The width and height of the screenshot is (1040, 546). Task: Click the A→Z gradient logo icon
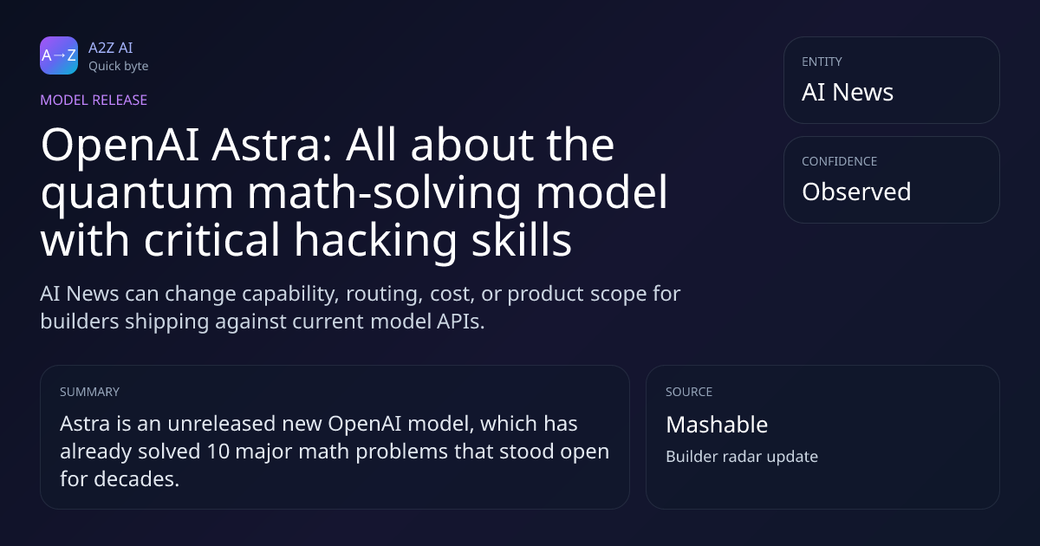[59, 55]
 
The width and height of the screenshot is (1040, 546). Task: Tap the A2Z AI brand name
[111, 48]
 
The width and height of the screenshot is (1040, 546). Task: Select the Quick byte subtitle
[119, 67]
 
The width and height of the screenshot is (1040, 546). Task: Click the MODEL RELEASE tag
[94, 100]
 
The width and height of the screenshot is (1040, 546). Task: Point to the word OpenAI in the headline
[120, 146]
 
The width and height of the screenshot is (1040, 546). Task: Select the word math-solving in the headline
[384, 192]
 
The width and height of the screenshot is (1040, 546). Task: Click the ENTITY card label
[822, 62]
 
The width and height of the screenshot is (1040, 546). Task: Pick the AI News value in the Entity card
[848, 92]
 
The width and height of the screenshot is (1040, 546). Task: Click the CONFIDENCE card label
[840, 161]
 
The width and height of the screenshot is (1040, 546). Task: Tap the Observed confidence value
[856, 192]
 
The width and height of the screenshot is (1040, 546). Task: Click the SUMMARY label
[89, 392]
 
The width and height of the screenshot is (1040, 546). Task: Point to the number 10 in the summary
[218, 452]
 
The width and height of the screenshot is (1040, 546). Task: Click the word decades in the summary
[137, 479]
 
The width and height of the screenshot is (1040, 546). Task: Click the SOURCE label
[689, 392]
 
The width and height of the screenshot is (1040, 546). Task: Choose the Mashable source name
[717, 425]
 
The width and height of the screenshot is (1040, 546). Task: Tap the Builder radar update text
[742, 457]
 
